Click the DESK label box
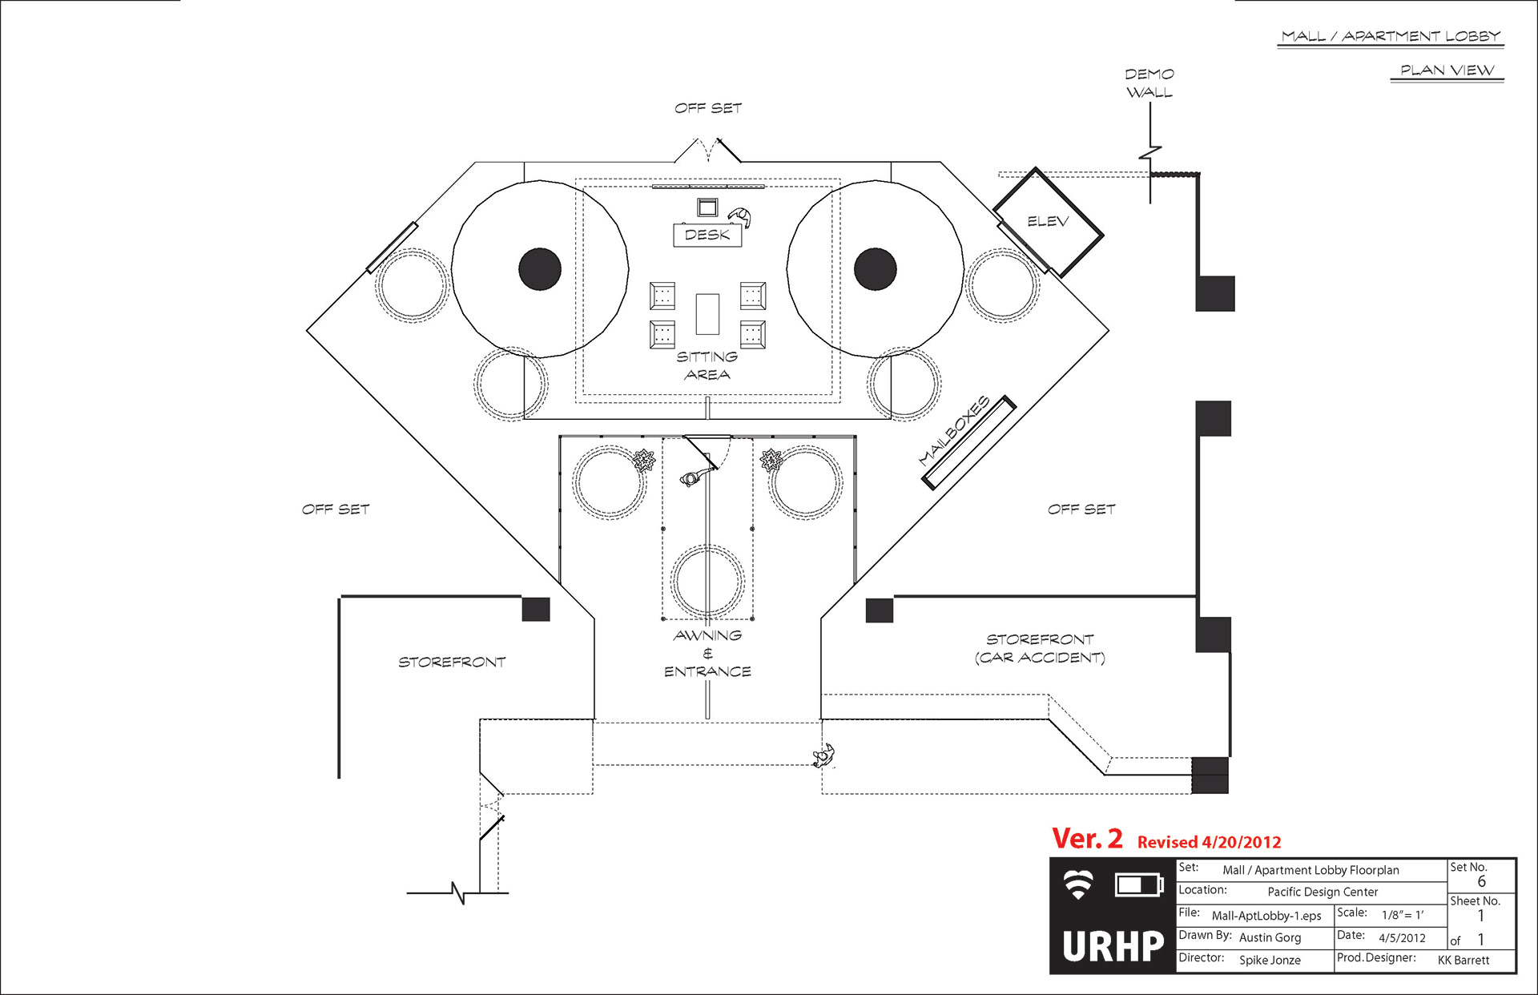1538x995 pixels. pyautogui.click(x=707, y=235)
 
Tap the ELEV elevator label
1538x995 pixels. pyautogui.click(x=1048, y=221)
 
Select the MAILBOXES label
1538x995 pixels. pyautogui.click(x=954, y=430)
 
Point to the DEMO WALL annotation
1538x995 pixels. pyautogui.click(x=1149, y=83)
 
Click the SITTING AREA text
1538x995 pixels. pyautogui.click(x=707, y=365)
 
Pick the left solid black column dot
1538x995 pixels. pyautogui.click(x=540, y=268)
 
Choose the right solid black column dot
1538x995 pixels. pyautogui.click(x=875, y=268)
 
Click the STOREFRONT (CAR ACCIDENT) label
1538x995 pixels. pyautogui.click(x=1040, y=648)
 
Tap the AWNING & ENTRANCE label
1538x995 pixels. pyautogui.click(x=707, y=653)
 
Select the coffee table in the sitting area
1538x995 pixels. pyautogui.click(x=707, y=313)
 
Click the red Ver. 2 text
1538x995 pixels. pyautogui.click(x=1087, y=839)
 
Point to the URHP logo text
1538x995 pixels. pyautogui.click(x=1113, y=946)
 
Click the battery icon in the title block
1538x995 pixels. pyautogui.click(x=1139, y=884)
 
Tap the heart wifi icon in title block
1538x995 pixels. pyautogui.click(x=1078, y=884)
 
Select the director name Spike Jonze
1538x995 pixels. pyautogui.click(x=1270, y=960)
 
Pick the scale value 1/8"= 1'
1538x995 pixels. pyautogui.click(x=1402, y=915)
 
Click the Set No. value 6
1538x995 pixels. pyautogui.click(x=1481, y=881)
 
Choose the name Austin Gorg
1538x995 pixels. pyautogui.click(x=1270, y=937)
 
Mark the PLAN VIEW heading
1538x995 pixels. pyautogui.click(x=1447, y=70)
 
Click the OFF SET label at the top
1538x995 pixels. pyautogui.click(x=708, y=108)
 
